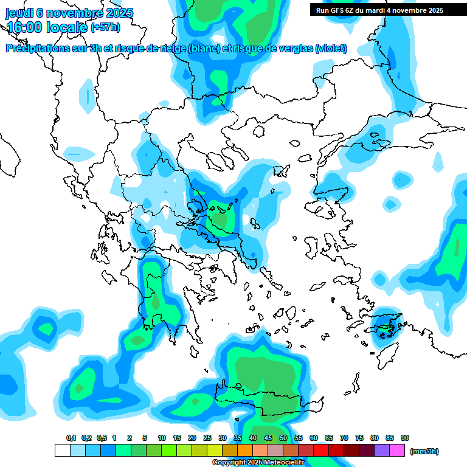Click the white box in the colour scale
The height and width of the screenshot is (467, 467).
tap(62, 451)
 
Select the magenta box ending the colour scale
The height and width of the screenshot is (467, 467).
tap(397, 451)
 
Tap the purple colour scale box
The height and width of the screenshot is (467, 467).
tap(382, 451)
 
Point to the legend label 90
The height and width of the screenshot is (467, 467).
tap(405, 438)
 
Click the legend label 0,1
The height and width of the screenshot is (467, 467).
tap(71, 438)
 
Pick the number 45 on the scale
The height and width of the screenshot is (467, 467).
tap(268, 438)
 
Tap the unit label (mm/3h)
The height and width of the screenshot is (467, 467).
tap(424, 451)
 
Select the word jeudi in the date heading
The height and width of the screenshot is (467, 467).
tap(21, 13)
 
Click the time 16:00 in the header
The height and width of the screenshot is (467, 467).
tap(27, 27)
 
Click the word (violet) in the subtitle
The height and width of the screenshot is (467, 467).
tap(331, 49)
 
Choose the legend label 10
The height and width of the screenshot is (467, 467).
tap(162, 438)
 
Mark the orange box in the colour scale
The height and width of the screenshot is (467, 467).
tap(245, 451)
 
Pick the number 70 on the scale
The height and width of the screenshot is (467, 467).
tap(344, 438)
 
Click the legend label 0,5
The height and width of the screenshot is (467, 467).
tap(102, 438)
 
